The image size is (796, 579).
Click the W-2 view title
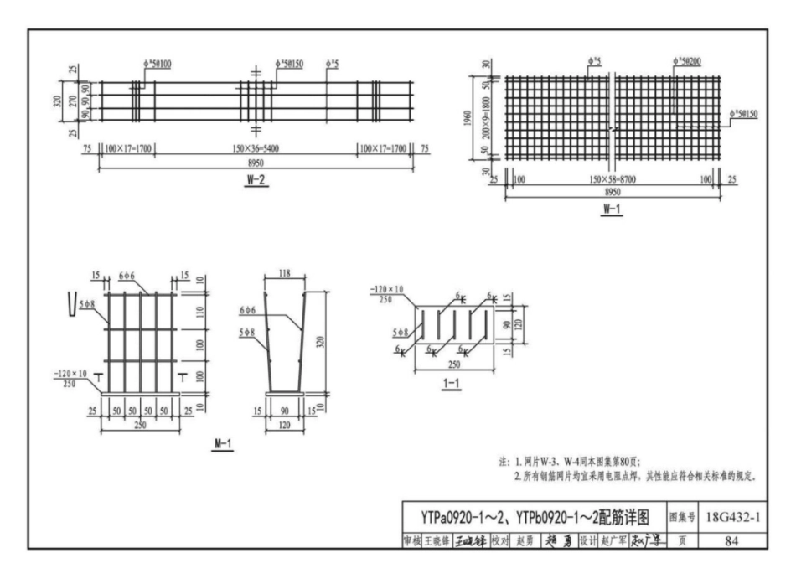pyautogui.click(x=256, y=184)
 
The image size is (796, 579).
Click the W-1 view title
pyautogui.click(x=611, y=209)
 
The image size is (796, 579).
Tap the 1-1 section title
pyautogui.click(x=450, y=384)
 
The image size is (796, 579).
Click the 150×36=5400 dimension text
pyautogui.click(x=257, y=148)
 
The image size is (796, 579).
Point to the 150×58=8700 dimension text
pyautogui.click(x=612, y=179)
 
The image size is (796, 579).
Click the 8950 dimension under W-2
pyautogui.click(x=256, y=164)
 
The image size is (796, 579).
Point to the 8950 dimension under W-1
pyautogui.click(x=612, y=191)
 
